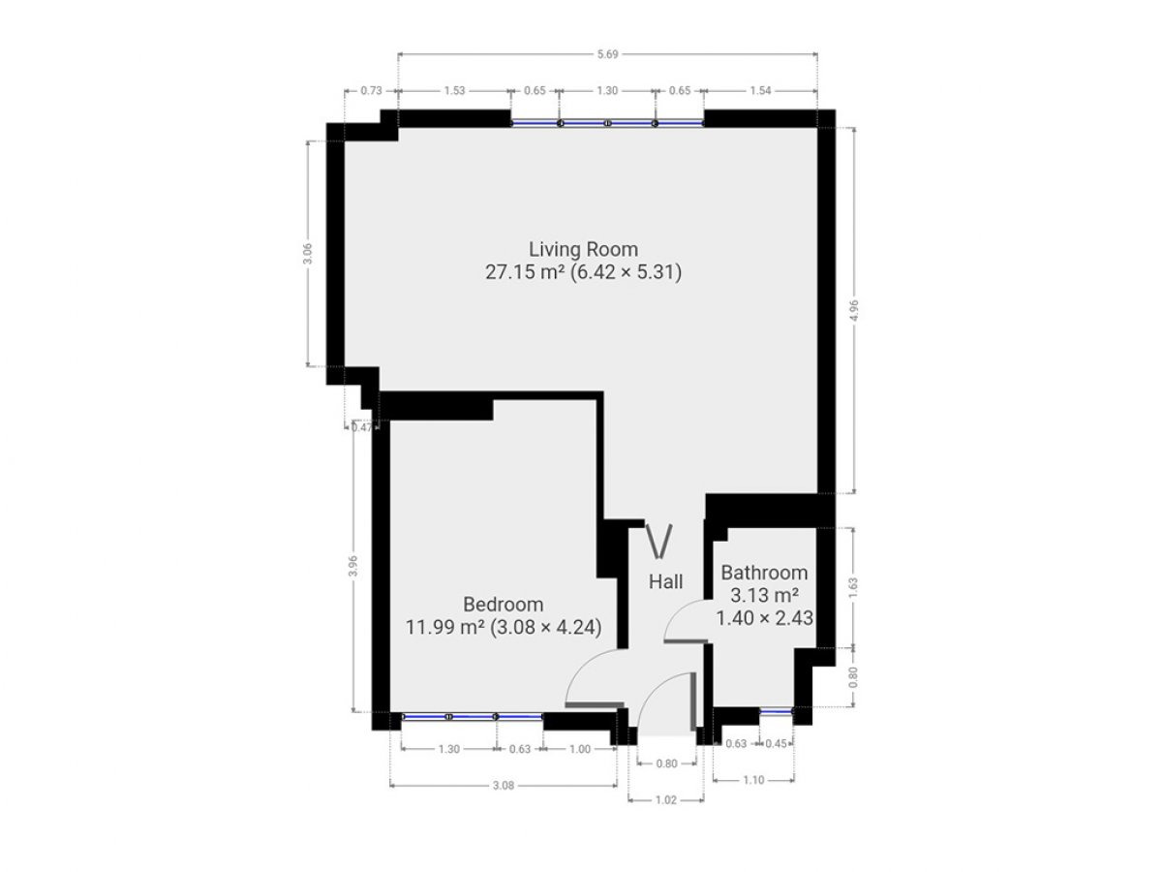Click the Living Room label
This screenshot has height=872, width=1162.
pyautogui.click(x=583, y=249)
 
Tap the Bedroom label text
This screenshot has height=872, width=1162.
pyautogui.click(x=503, y=604)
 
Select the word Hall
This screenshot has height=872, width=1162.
pyautogui.click(x=665, y=582)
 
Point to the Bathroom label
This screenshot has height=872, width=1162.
pyautogui.click(x=764, y=573)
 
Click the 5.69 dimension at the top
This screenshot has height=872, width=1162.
pyautogui.click(x=607, y=54)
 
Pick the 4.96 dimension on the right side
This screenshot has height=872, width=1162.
pyautogui.click(x=853, y=310)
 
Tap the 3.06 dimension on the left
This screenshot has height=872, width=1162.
pyautogui.click(x=309, y=254)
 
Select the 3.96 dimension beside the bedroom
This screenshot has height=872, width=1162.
pyautogui.click(x=354, y=566)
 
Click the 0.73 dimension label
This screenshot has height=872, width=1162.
pyautogui.click(x=371, y=90)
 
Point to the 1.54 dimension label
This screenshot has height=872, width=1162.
pyautogui.click(x=760, y=90)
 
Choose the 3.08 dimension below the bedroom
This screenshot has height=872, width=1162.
pyautogui.click(x=504, y=786)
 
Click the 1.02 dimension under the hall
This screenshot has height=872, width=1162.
pyautogui.click(x=666, y=800)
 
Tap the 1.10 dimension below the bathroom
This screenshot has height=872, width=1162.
pyautogui.click(x=753, y=780)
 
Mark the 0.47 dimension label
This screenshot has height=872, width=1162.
pyautogui.click(x=362, y=427)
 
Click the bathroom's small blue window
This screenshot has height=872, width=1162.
pyautogui.click(x=776, y=712)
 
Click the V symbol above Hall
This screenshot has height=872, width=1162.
pyautogui.click(x=659, y=541)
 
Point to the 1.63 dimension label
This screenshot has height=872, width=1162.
pyautogui.click(x=853, y=588)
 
